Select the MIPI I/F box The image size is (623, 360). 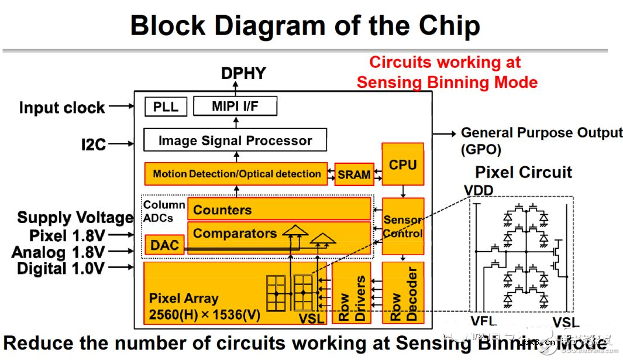point(235,107)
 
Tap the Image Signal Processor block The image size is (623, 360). point(235,140)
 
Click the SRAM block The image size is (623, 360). point(354,174)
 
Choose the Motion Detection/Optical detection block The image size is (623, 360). point(236,174)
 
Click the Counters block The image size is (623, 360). point(278,210)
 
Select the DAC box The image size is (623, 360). point(164,245)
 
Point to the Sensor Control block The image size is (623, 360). point(402,227)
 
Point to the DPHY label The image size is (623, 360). point(243,74)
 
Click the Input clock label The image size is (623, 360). point(62,108)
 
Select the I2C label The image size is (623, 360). point(94,144)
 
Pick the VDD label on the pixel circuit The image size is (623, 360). point(479,190)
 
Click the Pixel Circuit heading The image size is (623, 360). point(523,173)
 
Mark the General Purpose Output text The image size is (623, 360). point(542,133)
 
